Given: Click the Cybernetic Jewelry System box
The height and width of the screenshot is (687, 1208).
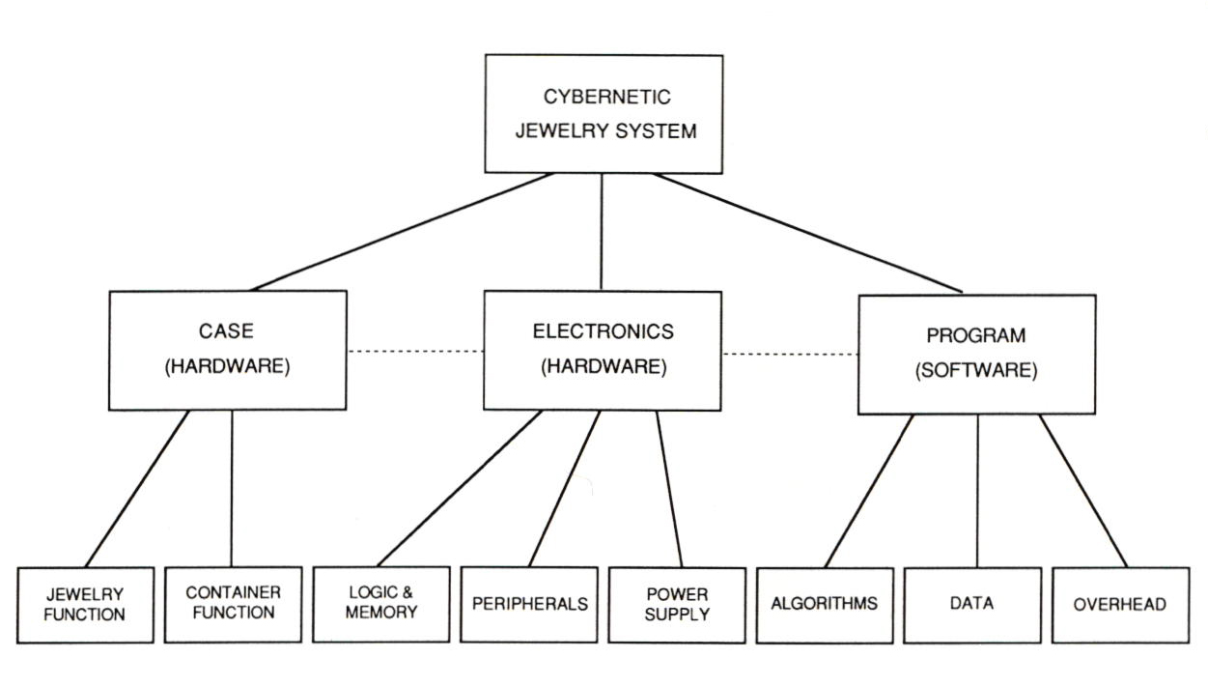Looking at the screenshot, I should coord(604,114).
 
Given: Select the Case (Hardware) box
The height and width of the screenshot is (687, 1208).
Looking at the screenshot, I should coord(228,349).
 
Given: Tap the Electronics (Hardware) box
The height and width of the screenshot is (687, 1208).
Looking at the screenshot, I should coord(603,349).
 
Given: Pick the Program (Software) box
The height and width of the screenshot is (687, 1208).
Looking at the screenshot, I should coord(976,353).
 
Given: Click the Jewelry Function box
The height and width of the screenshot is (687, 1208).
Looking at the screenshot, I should coord(86,604).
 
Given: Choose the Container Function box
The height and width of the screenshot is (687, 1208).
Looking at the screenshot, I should coord(233,602).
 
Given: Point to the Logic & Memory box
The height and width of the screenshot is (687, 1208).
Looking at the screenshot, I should coord(381,602).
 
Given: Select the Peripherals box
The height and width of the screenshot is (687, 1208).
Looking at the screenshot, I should coord(529,604).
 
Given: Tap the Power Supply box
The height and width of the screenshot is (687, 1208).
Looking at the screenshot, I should coord(677,604).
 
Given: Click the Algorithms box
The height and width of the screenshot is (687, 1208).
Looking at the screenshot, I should coord(825,604).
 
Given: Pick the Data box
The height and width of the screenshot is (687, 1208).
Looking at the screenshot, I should coord(972,604).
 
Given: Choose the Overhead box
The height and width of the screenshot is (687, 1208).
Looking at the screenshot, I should coord(1120,605).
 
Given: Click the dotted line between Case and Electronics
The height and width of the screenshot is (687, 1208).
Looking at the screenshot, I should coord(415,351).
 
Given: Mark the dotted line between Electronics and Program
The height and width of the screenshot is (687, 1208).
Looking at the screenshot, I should coord(790,354).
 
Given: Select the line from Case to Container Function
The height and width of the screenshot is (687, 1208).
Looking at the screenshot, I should coord(232,488).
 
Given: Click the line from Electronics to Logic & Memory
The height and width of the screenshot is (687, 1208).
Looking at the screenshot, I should coord(459,488).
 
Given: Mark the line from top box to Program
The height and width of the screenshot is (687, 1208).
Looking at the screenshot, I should coord(806,232).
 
